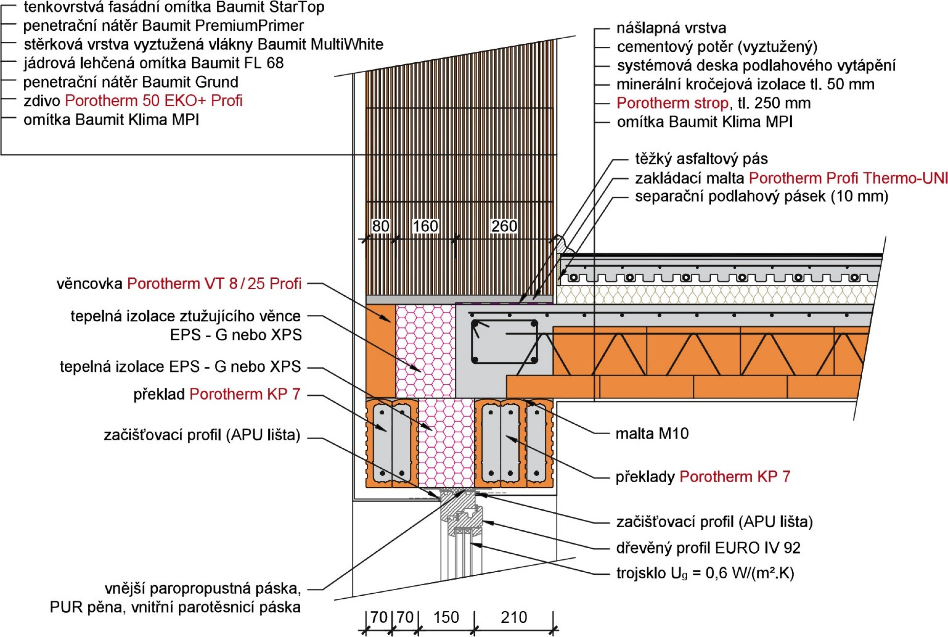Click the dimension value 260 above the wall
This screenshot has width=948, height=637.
point(504,226)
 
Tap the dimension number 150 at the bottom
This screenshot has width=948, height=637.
point(446,617)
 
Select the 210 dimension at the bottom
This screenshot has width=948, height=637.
point(514,617)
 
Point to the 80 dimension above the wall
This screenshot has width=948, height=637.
point(381,226)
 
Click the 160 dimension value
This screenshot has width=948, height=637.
point(425,226)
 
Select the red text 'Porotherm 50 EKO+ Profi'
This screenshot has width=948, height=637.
point(153,101)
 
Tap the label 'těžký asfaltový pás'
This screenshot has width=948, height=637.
point(702,159)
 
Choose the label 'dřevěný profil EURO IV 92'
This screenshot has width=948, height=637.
point(708,548)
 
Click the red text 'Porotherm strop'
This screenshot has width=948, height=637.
point(672,103)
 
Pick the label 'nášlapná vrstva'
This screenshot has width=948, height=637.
point(671,28)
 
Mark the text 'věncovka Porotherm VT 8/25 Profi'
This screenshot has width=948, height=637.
point(179,283)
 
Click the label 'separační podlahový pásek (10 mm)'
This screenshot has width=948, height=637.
point(761,197)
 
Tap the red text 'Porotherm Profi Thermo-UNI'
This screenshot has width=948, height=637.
point(848,178)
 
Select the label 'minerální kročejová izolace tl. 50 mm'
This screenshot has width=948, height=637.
point(745,85)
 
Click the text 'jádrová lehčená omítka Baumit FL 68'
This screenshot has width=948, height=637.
point(153,63)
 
